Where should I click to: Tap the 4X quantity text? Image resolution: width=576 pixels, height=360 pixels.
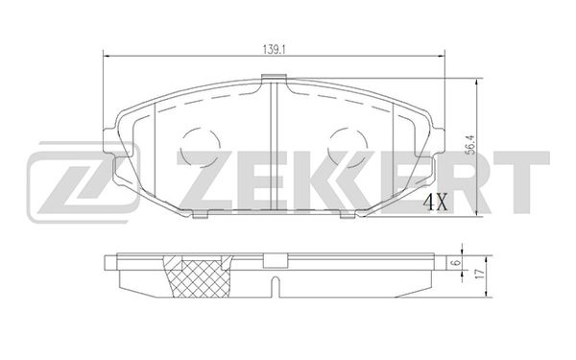pos(437,201)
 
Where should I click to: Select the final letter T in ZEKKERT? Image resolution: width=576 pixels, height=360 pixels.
pos(523,180)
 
